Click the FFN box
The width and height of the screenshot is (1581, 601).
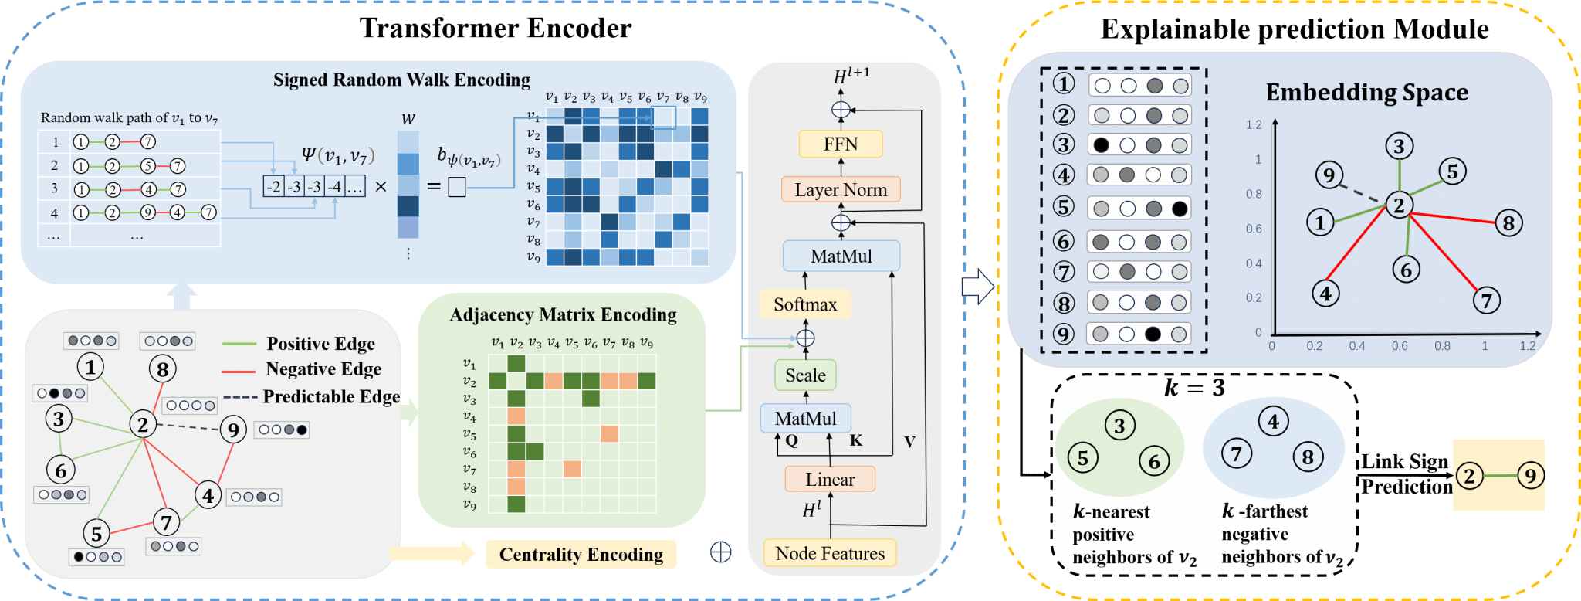[x=841, y=144]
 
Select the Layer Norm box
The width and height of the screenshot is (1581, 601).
[x=841, y=190]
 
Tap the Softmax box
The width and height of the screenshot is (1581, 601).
[x=805, y=304]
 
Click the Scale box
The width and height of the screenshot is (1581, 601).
[x=805, y=375]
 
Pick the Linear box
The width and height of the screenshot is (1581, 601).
[x=830, y=480]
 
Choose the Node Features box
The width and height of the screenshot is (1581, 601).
[x=830, y=553]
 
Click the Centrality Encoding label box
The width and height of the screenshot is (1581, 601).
[x=581, y=555]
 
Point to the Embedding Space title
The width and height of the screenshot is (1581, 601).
[x=1366, y=93]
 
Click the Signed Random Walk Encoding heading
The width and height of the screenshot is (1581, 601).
[x=401, y=80]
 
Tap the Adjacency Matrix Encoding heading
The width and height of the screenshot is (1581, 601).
[x=563, y=315]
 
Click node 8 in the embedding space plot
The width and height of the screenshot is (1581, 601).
[x=1508, y=224]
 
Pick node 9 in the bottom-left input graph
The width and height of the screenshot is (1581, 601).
[x=233, y=430]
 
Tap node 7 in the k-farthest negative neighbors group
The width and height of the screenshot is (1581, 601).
[x=1236, y=453]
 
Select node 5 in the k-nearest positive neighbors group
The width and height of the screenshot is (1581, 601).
[x=1082, y=459]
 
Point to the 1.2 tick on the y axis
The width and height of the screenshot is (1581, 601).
[x=1254, y=125]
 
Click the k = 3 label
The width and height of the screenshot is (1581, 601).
[x=1194, y=388]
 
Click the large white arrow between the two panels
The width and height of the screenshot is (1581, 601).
[x=977, y=287]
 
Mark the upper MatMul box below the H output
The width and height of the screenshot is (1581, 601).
[x=841, y=256]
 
